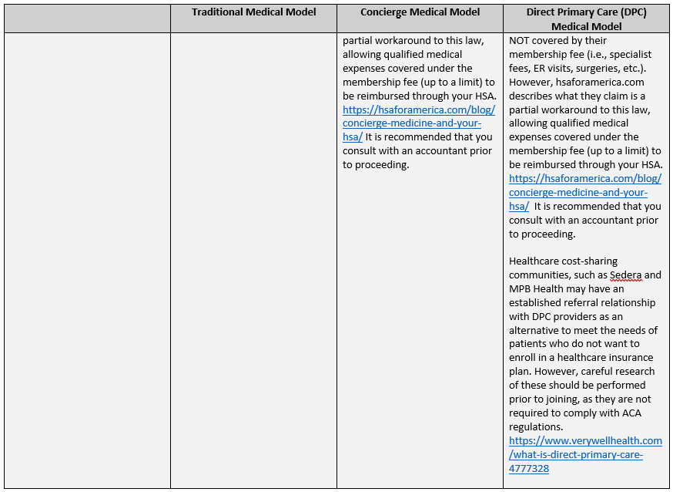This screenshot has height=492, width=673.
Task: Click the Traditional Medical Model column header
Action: pos(253,12)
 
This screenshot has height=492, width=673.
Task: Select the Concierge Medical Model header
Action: pos(420,12)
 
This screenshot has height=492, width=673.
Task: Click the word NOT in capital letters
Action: pos(521,40)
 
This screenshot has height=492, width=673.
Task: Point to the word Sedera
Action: pos(625,275)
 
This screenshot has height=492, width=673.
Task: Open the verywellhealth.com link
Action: pos(585,440)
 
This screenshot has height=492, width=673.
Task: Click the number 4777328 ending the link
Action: pos(529,468)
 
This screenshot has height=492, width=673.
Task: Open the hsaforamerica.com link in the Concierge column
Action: pos(419,110)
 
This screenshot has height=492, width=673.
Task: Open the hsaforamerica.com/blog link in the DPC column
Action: pos(585,179)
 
